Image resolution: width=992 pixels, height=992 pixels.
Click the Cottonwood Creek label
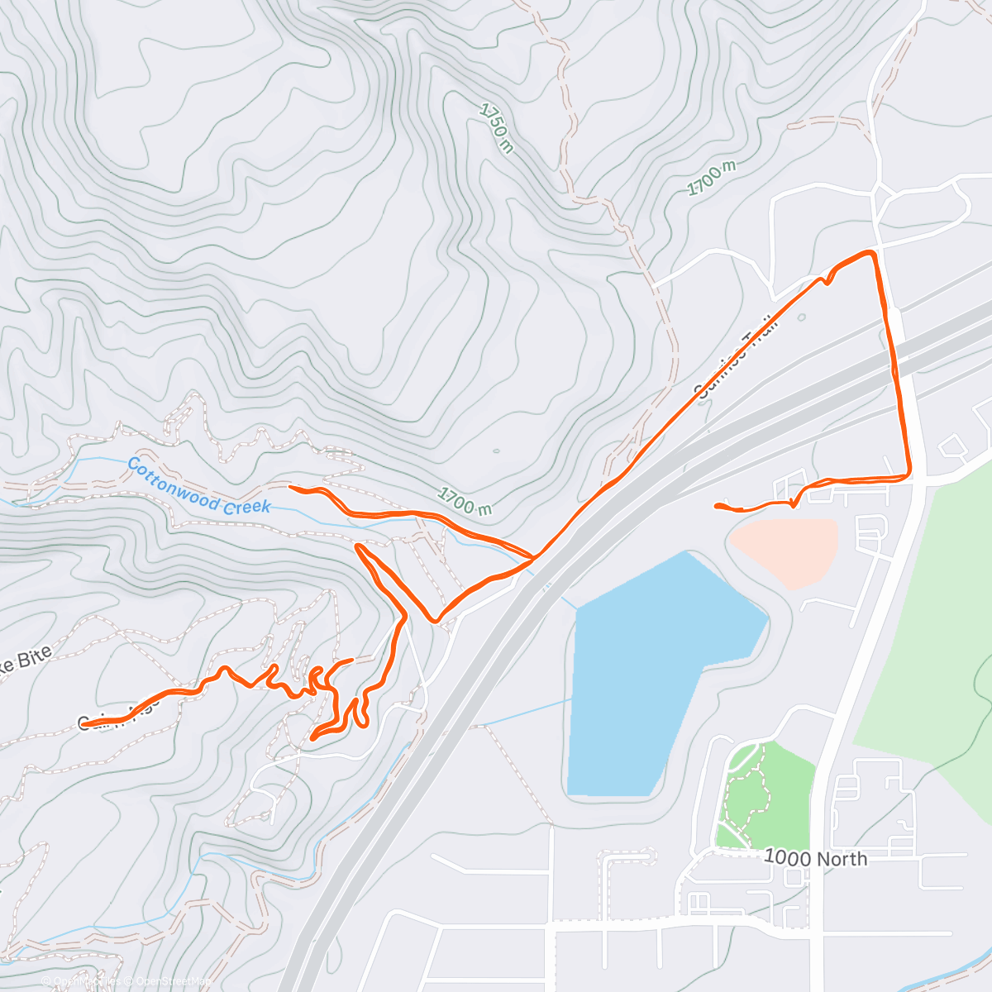(x=198, y=486)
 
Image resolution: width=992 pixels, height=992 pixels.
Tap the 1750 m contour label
(x=496, y=127)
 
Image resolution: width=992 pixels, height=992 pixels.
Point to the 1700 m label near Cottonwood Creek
(x=465, y=499)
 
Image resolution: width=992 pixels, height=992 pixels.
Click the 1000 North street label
(x=815, y=858)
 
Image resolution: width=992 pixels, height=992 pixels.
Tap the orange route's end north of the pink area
(x=716, y=504)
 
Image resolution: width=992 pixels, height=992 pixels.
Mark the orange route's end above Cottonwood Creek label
(x=291, y=488)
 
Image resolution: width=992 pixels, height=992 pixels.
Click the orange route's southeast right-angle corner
(x=909, y=475)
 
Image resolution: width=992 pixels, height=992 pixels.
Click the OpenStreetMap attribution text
(x=169, y=981)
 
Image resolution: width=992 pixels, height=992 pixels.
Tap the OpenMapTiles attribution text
(x=83, y=981)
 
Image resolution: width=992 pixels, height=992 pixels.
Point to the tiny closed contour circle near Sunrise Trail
(x=800, y=316)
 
